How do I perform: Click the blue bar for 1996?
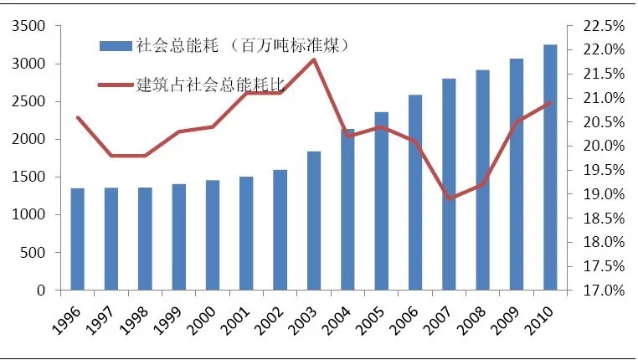[77, 239]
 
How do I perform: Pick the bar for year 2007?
[449, 184]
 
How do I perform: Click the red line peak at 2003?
[314, 59]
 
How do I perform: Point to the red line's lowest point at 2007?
[449, 198]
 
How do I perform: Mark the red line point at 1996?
[77, 117]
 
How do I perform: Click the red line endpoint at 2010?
[550, 103]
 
